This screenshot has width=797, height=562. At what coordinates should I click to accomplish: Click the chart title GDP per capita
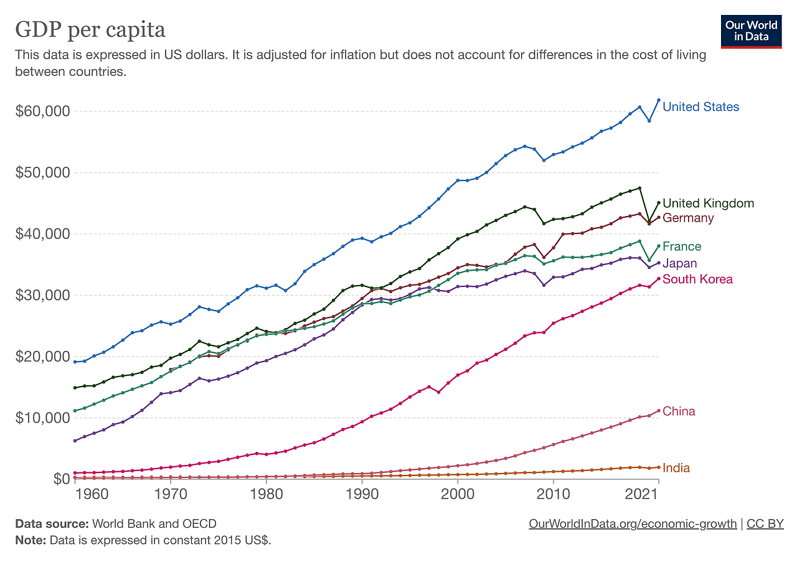pyautogui.click(x=90, y=30)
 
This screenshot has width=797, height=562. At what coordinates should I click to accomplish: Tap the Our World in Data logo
pyautogui.click(x=751, y=30)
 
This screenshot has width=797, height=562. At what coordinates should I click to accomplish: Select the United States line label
pyautogui.click(x=700, y=107)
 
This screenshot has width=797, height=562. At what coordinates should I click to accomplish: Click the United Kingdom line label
pyautogui.click(x=708, y=204)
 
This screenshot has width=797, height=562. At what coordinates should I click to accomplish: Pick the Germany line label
pyautogui.click(x=688, y=218)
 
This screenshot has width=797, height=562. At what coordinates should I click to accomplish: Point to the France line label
pyautogui.click(x=682, y=246)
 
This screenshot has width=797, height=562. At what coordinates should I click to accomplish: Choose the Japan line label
pyautogui.click(x=680, y=263)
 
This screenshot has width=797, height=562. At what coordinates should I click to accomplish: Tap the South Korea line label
pyautogui.click(x=697, y=279)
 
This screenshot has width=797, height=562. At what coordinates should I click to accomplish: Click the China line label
pyautogui.click(x=679, y=411)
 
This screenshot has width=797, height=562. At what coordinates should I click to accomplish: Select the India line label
pyautogui.click(x=676, y=468)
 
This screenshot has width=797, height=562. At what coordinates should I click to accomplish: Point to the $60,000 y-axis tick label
pyautogui.click(x=41, y=111)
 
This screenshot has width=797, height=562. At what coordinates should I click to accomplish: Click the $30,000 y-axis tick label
pyautogui.click(x=41, y=295)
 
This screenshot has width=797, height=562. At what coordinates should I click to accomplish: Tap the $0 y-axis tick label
pyautogui.click(x=59, y=479)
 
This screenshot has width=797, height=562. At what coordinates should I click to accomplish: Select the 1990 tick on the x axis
pyautogui.click(x=362, y=494)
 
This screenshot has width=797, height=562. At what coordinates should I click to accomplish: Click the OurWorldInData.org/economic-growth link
pyautogui.click(x=632, y=524)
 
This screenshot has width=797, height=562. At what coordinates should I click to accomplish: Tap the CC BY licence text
pyautogui.click(x=765, y=524)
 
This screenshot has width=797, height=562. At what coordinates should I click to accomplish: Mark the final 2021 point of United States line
pyautogui.click(x=659, y=100)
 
